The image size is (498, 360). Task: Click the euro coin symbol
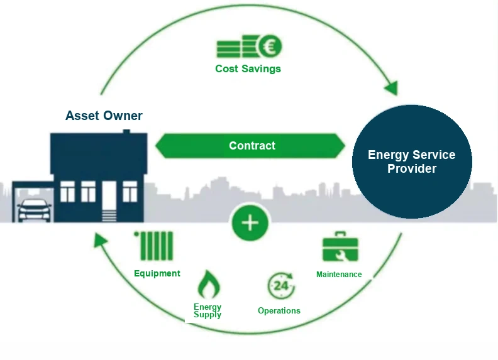270,46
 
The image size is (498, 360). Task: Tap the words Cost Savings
248,68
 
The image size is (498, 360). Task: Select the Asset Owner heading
104,116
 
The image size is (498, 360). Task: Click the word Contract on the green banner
252,146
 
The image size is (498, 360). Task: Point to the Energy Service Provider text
412,161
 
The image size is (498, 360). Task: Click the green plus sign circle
250,222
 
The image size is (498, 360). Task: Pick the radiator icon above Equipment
154,246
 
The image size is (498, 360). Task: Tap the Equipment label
157,273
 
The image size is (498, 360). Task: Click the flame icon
209,285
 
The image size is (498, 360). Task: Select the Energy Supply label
207,310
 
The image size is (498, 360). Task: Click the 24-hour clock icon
281,285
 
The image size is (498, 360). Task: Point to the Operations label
279,310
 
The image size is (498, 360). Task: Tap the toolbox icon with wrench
340,247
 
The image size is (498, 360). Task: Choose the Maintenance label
339,275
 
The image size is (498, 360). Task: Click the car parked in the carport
35,210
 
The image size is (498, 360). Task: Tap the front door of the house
109,196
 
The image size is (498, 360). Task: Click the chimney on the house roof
126,131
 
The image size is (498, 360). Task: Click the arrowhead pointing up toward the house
100,240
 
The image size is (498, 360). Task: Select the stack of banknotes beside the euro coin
237,47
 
